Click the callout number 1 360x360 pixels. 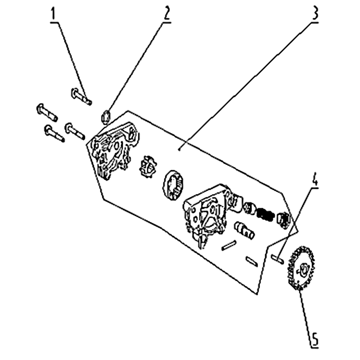tap(53, 14)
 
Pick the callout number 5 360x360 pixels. tap(315, 339)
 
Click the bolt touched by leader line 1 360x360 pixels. tap(81, 96)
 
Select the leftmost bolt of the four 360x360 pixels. tap(47, 112)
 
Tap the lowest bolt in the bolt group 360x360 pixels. tap(54, 133)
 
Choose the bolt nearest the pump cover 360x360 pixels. tap(75, 131)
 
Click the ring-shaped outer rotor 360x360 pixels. tap(173, 185)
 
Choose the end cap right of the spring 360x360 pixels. tap(284, 220)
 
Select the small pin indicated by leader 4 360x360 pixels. tap(277, 259)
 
